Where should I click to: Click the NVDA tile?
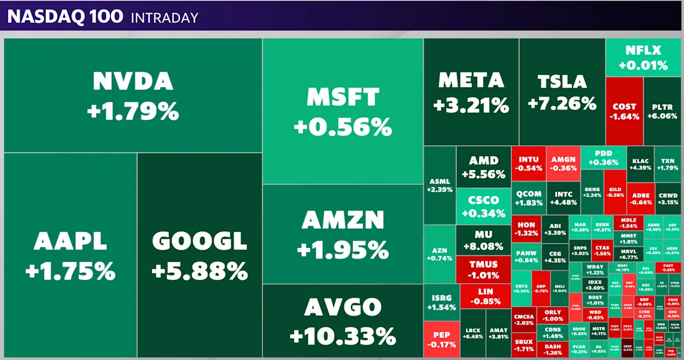click(x=133, y=96)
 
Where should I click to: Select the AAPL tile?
click(x=70, y=255)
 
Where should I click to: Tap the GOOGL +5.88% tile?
click(x=199, y=255)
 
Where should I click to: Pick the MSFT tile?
click(x=343, y=112)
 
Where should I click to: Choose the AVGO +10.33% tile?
click(x=343, y=321)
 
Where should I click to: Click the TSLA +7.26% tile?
click(x=562, y=92)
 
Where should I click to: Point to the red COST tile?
click(x=624, y=111)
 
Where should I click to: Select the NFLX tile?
click(x=643, y=58)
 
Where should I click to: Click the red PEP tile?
click(x=441, y=339)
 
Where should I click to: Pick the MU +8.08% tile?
click(x=483, y=240)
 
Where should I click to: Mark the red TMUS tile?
click(x=483, y=269)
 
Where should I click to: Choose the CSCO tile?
click(x=483, y=206)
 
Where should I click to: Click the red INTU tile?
click(x=528, y=163)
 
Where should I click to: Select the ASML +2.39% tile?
click(x=439, y=185)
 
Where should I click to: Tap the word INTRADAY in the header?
click(x=165, y=18)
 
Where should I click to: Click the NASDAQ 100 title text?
click(x=65, y=17)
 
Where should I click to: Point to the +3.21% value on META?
click(x=471, y=105)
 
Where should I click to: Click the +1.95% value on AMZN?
click(x=343, y=249)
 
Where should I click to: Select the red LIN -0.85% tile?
click(x=485, y=296)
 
